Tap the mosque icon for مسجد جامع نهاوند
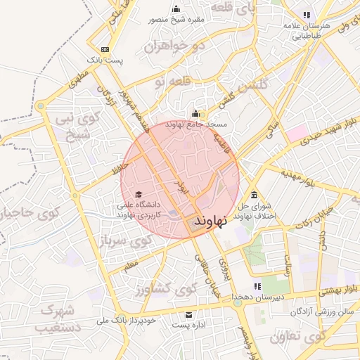click(195, 114)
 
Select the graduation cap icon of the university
click(139, 194)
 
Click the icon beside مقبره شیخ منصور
click(176, 9)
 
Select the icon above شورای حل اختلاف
click(253, 195)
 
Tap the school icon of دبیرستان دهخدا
click(257, 286)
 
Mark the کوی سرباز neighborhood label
click(125, 241)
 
